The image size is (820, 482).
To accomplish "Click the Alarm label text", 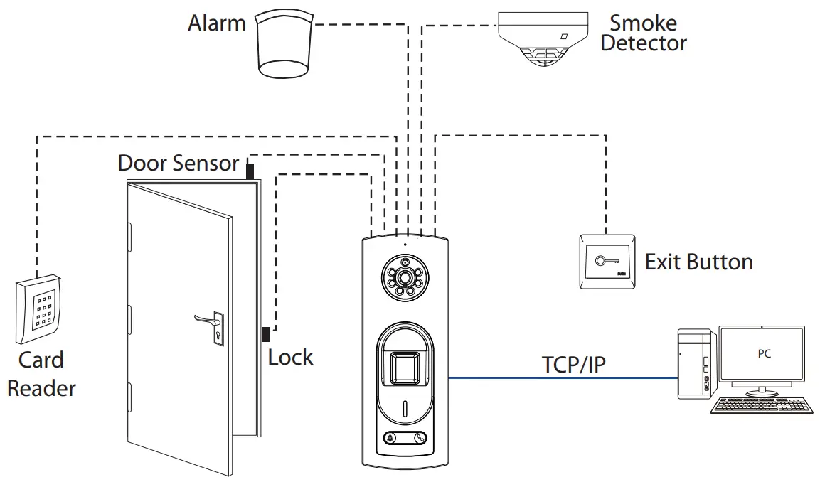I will click(x=216, y=23).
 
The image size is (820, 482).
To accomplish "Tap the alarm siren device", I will click(x=284, y=44).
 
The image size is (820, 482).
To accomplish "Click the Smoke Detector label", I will click(x=643, y=33).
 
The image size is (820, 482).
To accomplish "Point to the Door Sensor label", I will click(x=178, y=163).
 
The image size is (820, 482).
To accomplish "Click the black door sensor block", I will click(x=250, y=171).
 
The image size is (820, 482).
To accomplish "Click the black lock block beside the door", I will click(x=265, y=334).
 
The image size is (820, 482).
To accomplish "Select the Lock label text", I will click(x=290, y=357).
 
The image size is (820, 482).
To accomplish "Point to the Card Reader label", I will click(x=41, y=374).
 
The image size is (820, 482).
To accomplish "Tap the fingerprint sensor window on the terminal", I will click(x=404, y=368).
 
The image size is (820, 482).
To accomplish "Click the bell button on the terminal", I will click(x=390, y=439).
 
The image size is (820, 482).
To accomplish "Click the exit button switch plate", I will click(x=607, y=262).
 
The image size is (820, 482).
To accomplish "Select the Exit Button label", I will click(x=698, y=262).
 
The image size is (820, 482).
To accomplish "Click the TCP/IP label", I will click(x=575, y=364).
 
